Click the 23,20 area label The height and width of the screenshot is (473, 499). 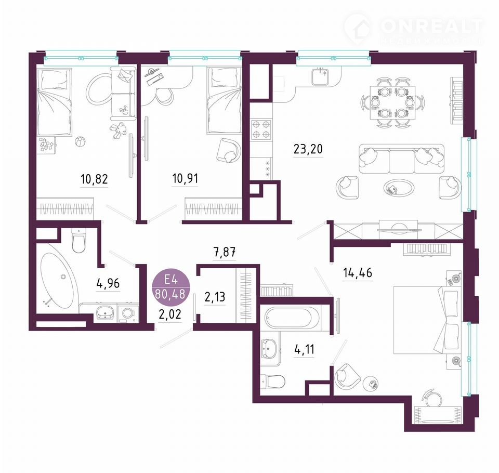308,149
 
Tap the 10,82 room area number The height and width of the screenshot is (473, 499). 94,179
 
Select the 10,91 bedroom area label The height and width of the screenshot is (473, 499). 185,178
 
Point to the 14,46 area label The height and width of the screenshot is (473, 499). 358,273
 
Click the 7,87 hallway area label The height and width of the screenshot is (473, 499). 225,253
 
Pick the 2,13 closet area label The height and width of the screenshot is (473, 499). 215,297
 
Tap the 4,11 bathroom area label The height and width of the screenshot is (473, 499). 304,349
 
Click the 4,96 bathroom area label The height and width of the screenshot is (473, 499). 108,283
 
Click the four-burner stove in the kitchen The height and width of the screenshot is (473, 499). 261,130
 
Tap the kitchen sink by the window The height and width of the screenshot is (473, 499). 320,76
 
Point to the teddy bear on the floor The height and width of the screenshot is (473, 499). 118,130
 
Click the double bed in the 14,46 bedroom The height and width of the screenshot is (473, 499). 426,320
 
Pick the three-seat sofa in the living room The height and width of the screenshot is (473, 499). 402,159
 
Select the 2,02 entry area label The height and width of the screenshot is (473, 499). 170,314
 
